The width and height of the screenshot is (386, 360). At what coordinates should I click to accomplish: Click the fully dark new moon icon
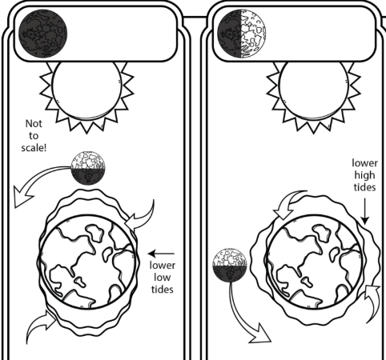click(x=43, y=34)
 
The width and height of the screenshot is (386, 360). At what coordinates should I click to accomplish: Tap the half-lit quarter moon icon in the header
click(x=242, y=34)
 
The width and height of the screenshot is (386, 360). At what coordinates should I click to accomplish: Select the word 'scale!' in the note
click(x=34, y=148)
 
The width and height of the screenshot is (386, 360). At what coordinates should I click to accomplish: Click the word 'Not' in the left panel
click(x=34, y=124)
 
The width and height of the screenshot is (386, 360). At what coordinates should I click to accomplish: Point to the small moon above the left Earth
click(x=88, y=168)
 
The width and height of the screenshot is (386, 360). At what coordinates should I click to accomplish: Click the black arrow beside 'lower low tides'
click(x=161, y=254)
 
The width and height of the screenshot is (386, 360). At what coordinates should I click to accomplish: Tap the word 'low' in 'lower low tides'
click(x=162, y=278)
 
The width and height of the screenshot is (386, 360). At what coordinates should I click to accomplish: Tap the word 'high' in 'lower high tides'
click(x=364, y=175)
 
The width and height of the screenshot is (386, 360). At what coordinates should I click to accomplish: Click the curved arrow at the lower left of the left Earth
click(x=40, y=322)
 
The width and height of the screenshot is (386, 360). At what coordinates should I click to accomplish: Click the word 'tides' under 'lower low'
click(x=163, y=290)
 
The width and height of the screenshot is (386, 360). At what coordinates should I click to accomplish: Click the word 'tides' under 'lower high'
click(x=364, y=187)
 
